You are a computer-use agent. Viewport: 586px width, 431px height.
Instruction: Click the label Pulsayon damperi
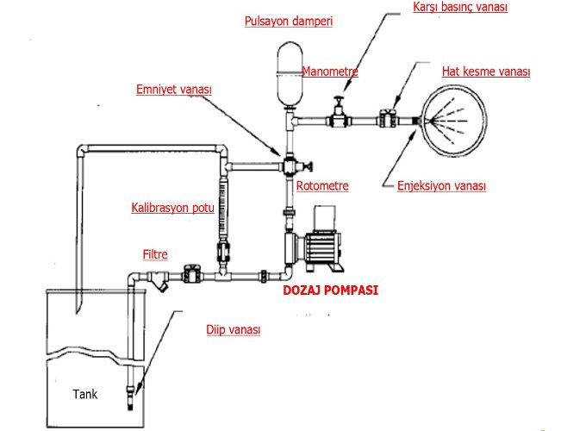tap(289, 22)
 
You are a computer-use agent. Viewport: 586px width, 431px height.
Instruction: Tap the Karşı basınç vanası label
tap(460, 7)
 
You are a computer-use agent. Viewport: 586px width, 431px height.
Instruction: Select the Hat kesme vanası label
tap(486, 71)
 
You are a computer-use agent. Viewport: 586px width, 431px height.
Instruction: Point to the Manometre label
tap(330, 71)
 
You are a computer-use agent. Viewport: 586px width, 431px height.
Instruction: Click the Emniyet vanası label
tap(174, 90)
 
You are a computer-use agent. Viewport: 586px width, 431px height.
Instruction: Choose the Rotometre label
tap(322, 186)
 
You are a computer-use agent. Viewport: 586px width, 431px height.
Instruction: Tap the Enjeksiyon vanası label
tap(441, 186)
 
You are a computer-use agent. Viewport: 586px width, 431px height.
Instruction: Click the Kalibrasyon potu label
tap(172, 208)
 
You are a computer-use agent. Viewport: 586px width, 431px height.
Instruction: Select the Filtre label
tap(155, 254)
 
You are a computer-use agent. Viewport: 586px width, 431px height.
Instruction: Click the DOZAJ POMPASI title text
tap(330, 290)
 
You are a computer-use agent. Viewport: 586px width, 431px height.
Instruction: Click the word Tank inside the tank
tap(84, 394)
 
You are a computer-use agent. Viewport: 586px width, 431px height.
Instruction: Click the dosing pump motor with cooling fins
tap(322, 247)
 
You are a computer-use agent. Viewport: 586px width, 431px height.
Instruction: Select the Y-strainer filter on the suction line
tap(158, 280)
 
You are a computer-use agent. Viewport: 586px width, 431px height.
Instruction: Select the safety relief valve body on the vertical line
tap(290, 166)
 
